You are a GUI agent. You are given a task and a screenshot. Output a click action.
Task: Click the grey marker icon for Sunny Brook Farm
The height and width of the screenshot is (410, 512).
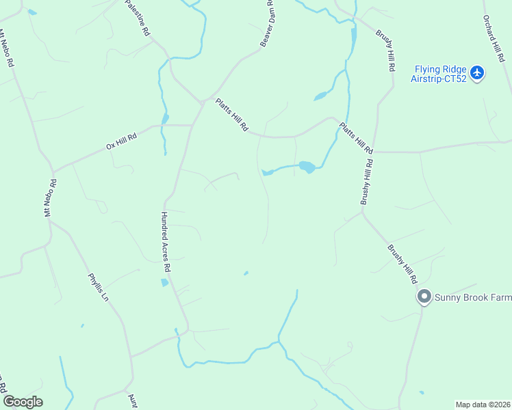pos(424,297)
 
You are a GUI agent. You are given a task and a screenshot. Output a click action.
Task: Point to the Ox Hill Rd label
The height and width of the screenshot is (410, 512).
pos(122,141)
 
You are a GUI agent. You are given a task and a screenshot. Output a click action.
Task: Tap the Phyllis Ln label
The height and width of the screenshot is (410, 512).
pos(98,287)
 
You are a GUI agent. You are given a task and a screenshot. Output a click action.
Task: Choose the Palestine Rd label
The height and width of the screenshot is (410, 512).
pos(137,18)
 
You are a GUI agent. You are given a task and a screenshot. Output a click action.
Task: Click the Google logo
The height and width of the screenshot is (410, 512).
pos(23,402)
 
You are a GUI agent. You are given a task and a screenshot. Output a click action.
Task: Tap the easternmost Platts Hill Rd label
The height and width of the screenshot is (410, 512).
pos(357,137)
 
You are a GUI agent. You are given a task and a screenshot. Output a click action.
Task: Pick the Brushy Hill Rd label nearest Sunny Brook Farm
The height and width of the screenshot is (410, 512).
pos(402,264)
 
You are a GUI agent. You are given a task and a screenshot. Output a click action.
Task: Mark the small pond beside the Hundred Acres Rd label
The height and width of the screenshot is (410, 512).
pos(164,282)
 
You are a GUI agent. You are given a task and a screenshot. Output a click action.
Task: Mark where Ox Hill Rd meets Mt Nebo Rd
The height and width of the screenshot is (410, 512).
pos(53,171)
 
